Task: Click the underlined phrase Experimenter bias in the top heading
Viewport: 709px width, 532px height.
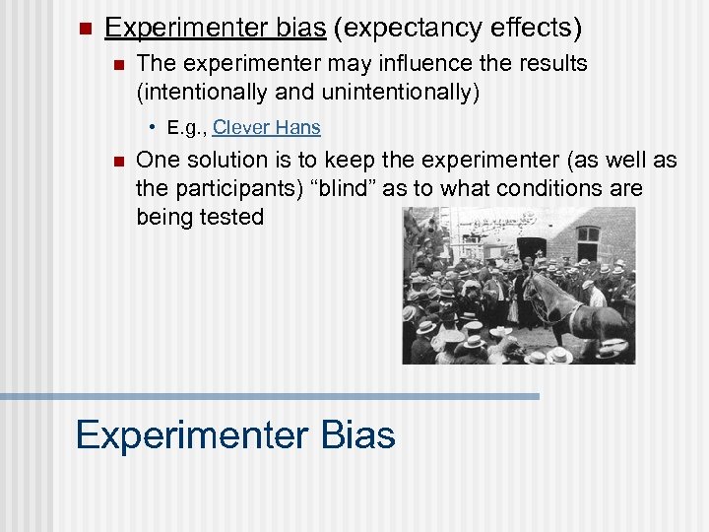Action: tap(215, 27)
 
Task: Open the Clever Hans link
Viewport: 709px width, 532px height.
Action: tap(266, 128)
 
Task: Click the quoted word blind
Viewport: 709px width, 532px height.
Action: tap(343, 188)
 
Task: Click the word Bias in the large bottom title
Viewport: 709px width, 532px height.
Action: tap(353, 434)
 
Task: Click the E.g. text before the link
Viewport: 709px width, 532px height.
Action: tap(186, 128)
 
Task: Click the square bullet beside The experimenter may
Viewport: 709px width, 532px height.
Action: tap(117, 65)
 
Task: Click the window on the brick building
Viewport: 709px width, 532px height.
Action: tap(588, 239)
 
